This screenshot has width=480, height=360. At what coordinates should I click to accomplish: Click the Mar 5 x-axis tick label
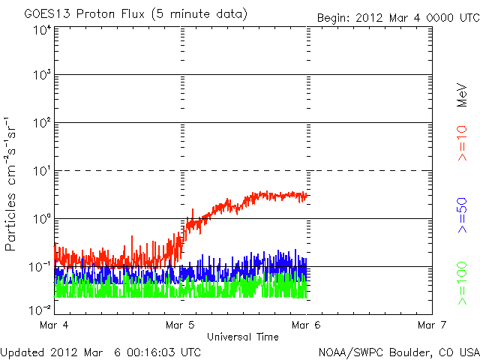point(181,325)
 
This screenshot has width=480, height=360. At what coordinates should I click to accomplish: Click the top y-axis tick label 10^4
point(42,30)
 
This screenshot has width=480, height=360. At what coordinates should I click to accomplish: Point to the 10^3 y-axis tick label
point(42,75)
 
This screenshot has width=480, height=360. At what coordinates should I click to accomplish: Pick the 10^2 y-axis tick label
point(42,123)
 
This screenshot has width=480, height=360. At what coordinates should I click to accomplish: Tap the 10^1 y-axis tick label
point(42,171)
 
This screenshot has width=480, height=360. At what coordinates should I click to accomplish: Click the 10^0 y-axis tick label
point(42,219)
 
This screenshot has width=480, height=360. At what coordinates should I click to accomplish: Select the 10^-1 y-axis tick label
point(40,267)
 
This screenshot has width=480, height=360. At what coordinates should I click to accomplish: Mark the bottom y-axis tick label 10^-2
point(40,309)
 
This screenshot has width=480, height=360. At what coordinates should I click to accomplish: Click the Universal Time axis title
point(242,337)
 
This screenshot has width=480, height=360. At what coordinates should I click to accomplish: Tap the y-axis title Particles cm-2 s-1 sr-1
point(13,184)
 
